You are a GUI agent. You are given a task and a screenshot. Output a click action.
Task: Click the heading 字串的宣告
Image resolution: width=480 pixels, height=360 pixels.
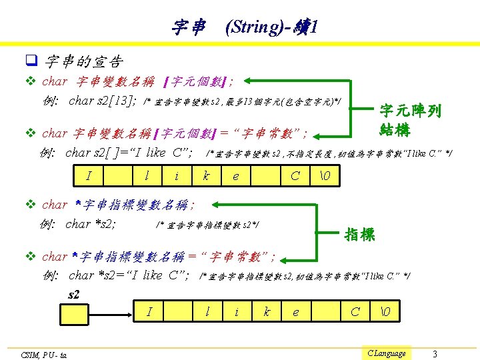[x=84, y=62]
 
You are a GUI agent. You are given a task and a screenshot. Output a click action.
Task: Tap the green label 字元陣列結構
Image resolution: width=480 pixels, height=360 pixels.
[x=410, y=119]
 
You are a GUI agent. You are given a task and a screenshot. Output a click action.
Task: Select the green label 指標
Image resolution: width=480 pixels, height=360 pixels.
[x=359, y=234]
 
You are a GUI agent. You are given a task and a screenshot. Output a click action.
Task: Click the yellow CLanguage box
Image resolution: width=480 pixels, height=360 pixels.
[x=387, y=353]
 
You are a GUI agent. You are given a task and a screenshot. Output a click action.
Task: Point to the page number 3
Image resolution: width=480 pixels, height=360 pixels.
[x=435, y=353]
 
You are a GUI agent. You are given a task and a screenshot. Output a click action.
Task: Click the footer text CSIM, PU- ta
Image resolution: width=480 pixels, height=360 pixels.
[x=44, y=354]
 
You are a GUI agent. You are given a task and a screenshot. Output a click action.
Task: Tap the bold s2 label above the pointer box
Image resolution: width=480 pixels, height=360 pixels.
[x=74, y=294]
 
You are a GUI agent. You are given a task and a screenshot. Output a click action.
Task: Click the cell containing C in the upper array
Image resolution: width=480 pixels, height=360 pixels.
[x=295, y=177]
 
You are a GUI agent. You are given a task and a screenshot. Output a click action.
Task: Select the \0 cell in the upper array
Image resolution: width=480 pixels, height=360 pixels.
[x=325, y=177]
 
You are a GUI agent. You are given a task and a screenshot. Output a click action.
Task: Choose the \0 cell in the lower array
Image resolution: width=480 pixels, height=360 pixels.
[x=385, y=311]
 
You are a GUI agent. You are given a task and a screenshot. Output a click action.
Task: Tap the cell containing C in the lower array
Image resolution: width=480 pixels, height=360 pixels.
[x=355, y=311]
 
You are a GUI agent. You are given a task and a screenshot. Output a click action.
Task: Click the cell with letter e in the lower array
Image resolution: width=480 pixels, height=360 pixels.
[x=296, y=311]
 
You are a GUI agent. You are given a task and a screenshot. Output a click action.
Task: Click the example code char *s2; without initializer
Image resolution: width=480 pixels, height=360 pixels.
[x=91, y=223]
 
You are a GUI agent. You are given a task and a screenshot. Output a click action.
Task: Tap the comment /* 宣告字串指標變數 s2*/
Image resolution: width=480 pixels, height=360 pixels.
[x=207, y=225]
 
